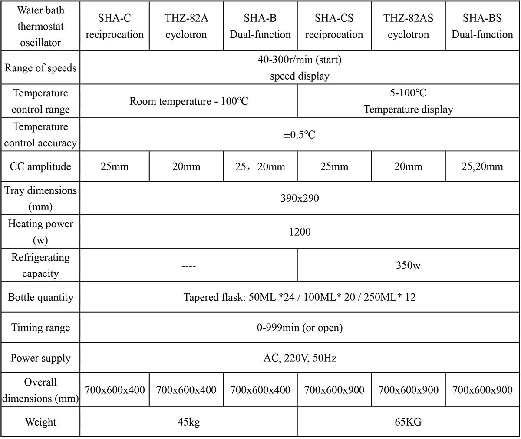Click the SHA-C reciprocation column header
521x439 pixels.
pyautogui.click(x=115, y=27)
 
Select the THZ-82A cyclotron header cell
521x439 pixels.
pyautogui.click(x=186, y=27)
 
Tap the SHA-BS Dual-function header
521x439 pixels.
pyautogui.click(x=482, y=27)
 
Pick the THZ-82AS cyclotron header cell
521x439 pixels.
pyautogui.click(x=408, y=27)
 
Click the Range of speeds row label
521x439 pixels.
pyautogui.click(x=40, y=68)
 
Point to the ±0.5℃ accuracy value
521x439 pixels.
pyautogui.click(x=300, y=135)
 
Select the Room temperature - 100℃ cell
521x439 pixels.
pyautogui.click(x=189, y=102)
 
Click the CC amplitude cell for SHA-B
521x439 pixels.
pyautogui.click(x=260, y=166)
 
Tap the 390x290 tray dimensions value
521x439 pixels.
pyautogui.click(x=300, y=199)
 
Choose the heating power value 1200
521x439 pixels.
pyautogui.click(x=300, y=232)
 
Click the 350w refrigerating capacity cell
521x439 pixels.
pyautogui.click(x=408, y=265)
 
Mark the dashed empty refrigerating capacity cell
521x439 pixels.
pyautogui.click(x=189, y=265)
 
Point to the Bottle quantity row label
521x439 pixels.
pyautogui.click(x=40, y=298)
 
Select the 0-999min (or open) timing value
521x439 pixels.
pyautogui.click(x=300, y=328)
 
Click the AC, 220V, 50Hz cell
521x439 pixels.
pyautogui.click(x=300, y=358)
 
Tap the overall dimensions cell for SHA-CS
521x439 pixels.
pyautogui.click(x=334, y=390)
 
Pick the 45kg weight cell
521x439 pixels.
pyautogui.click(x=189, y=422)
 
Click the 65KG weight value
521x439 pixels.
pyautogui.click(x=408, y=422)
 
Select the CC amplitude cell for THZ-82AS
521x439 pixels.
pyautogui.click(x=408, y=166)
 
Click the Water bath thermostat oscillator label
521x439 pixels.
pyautogui.click(x=40, y=26)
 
